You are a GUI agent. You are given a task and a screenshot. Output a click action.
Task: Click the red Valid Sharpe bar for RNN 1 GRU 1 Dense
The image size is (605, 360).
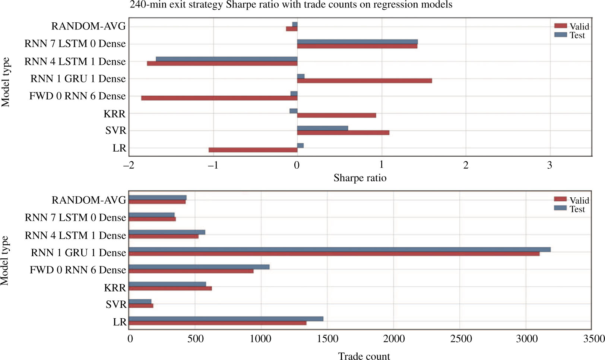364,81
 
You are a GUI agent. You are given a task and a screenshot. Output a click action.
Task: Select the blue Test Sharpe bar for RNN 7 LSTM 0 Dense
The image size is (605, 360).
357,42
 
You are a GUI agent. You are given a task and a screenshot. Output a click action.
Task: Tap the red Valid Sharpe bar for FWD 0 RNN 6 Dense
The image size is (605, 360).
219,98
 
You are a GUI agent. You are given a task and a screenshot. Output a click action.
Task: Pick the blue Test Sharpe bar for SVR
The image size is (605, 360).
322,128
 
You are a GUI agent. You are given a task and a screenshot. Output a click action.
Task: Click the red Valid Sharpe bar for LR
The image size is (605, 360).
253,150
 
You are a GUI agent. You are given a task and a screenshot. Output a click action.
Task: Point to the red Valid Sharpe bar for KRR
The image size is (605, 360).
336,115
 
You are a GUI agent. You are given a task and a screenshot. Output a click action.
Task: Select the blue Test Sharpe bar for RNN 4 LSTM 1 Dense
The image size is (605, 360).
227,59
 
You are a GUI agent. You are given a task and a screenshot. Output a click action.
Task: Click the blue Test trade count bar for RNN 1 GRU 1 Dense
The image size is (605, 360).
339,249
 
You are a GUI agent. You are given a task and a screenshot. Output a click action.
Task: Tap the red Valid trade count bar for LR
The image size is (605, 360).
218,323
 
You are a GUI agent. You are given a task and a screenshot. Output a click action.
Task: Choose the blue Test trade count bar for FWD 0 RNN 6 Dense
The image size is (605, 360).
199,267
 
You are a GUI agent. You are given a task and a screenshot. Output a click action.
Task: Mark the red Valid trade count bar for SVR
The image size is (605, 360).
141,306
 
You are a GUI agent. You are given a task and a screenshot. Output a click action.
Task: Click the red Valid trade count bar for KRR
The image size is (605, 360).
170,289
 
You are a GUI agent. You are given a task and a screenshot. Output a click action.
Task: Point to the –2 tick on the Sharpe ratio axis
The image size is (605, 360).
129,165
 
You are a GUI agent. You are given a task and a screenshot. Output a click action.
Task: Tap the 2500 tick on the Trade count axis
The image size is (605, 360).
461,339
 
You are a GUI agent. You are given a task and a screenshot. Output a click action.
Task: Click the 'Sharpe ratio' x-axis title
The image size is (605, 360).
360,178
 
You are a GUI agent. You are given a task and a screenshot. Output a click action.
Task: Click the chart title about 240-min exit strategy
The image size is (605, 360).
291,5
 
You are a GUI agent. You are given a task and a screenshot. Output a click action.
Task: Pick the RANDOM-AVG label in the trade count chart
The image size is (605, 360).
89,200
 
